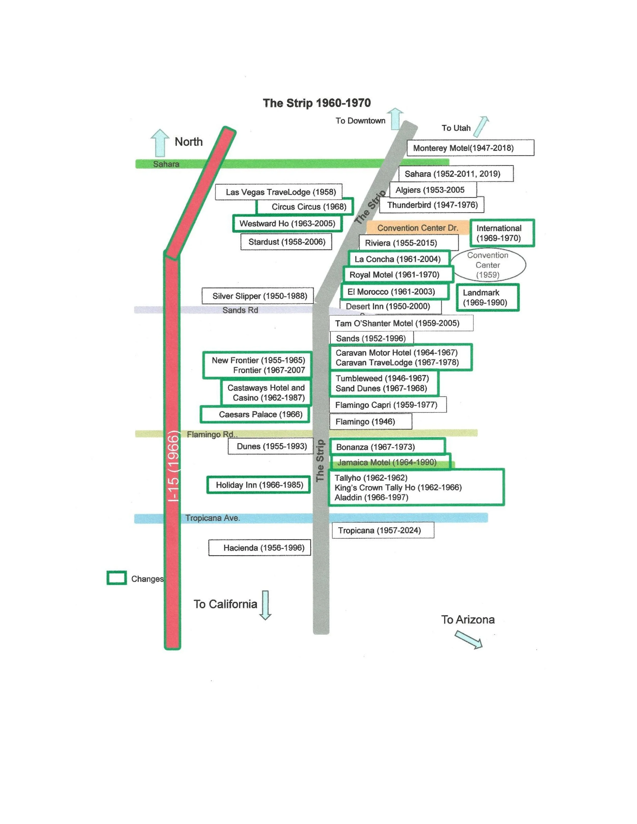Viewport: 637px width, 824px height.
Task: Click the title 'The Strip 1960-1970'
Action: tap(317, 103)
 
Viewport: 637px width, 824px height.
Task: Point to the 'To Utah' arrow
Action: tap(481, 126)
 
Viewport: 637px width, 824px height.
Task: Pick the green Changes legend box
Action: tap(117, 578)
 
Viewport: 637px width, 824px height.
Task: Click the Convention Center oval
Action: tap(488, 265)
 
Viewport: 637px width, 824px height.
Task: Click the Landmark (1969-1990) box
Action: tap(488, 298)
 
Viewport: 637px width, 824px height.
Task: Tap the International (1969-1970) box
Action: tap(502, 233)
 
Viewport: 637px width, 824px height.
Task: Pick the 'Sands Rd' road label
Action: tap(240, 310)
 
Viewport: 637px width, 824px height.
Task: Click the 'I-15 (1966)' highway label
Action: tap(173, 468)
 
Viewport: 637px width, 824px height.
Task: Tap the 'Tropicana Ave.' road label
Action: tap(213, 518)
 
